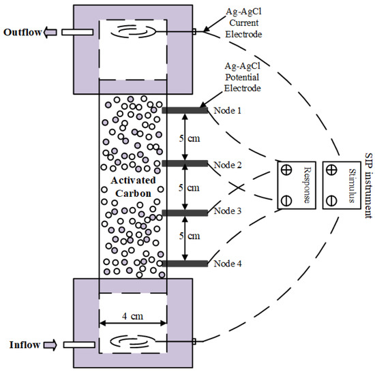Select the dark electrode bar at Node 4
click(x=184, y=264)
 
